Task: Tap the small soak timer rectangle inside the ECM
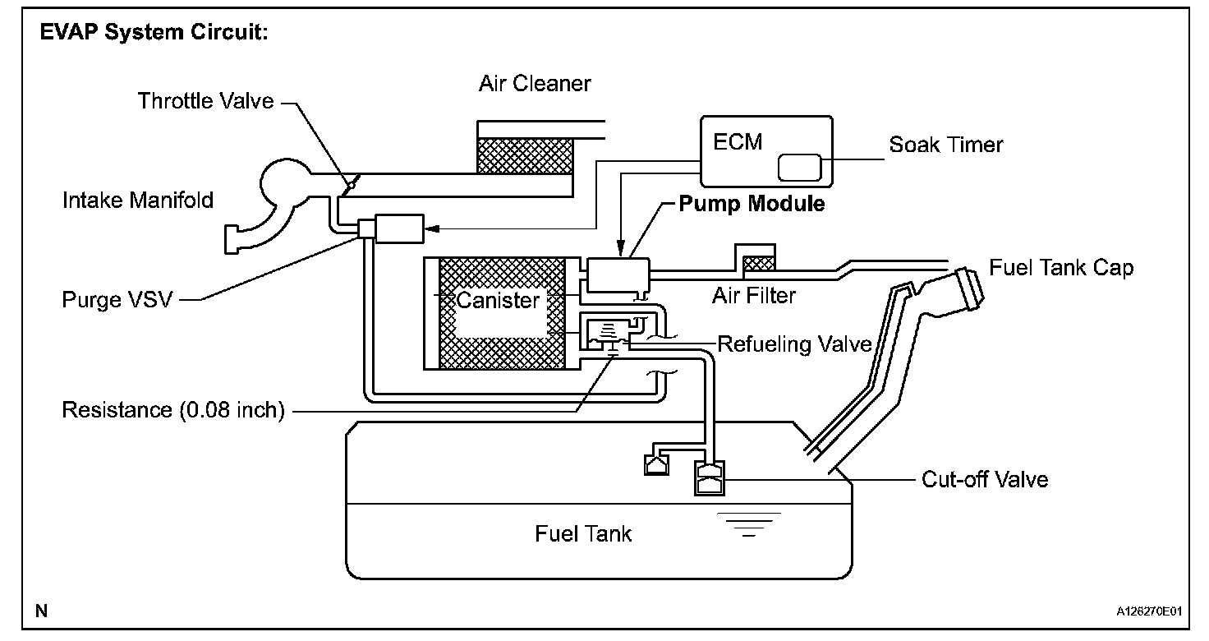click(799, 167)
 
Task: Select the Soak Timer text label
click(946, 145)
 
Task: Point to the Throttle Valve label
click(205, 101)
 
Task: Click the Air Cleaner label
click(535, 83)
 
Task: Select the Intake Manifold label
click(138, 199)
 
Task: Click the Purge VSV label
click(117, 299)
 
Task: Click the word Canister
click(498, 300)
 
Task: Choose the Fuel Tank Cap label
click(1061, 268)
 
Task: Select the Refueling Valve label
click(794, 344)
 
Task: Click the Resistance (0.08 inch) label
click(173, 410)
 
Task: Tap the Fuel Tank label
click(583, 533)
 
